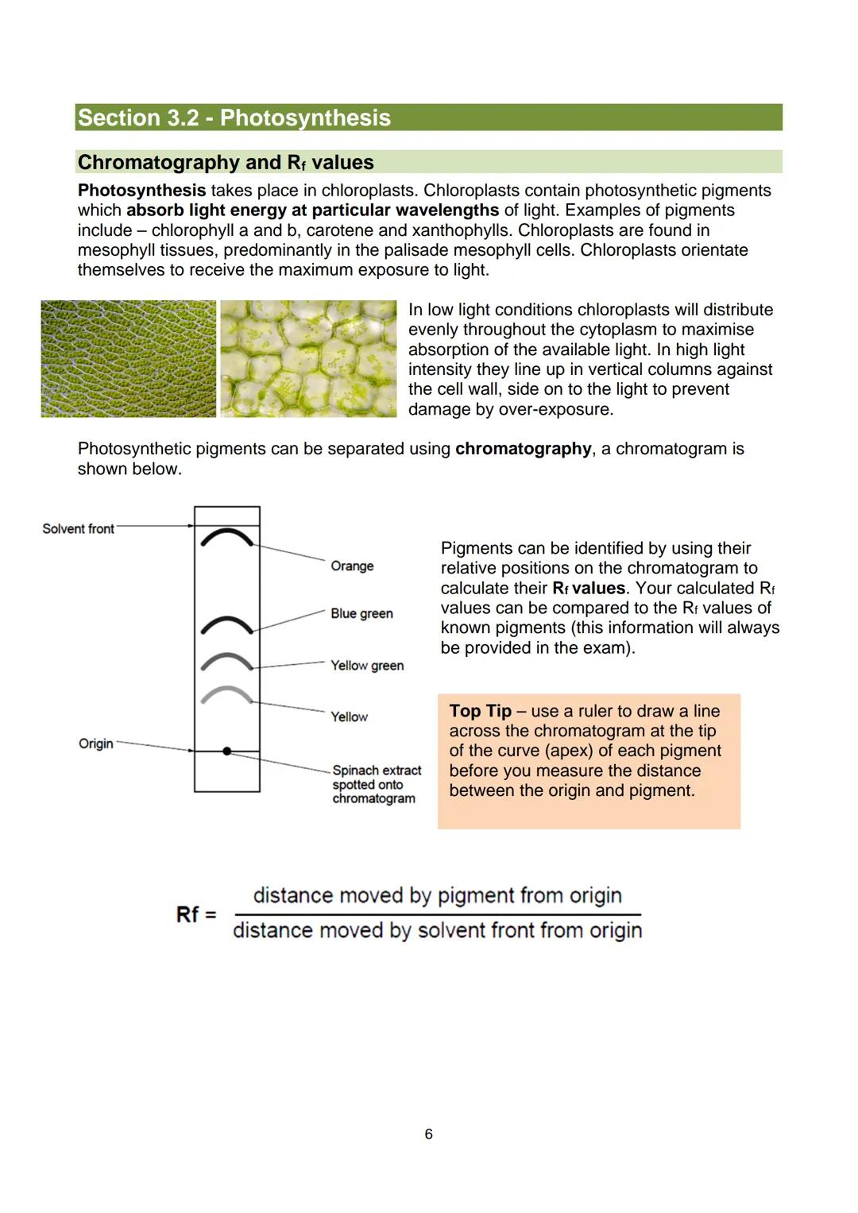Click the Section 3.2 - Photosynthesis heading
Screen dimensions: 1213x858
[234, 118]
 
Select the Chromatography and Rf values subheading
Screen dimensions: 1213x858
[226, 162]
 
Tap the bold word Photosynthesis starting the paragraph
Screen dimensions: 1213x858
[141, 191]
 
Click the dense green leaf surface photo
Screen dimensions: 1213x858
[128, 358]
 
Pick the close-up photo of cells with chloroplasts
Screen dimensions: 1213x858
[308, 358]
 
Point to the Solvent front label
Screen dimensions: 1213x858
[78, 529]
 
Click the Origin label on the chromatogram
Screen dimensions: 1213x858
[95, 744]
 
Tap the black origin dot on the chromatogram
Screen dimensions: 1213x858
[227, 751]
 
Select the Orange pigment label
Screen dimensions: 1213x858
[352, 566]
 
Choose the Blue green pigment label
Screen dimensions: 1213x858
[361, 613]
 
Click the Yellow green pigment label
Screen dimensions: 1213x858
[367, 666]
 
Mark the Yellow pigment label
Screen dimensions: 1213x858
[350, 717]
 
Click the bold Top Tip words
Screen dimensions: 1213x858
[480, 711]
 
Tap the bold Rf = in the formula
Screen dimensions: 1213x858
[196, 914]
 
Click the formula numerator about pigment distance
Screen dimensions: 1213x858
[437, 895]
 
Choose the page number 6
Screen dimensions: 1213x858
[429, 1134]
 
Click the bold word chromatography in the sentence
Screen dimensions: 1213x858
[523, 449]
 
